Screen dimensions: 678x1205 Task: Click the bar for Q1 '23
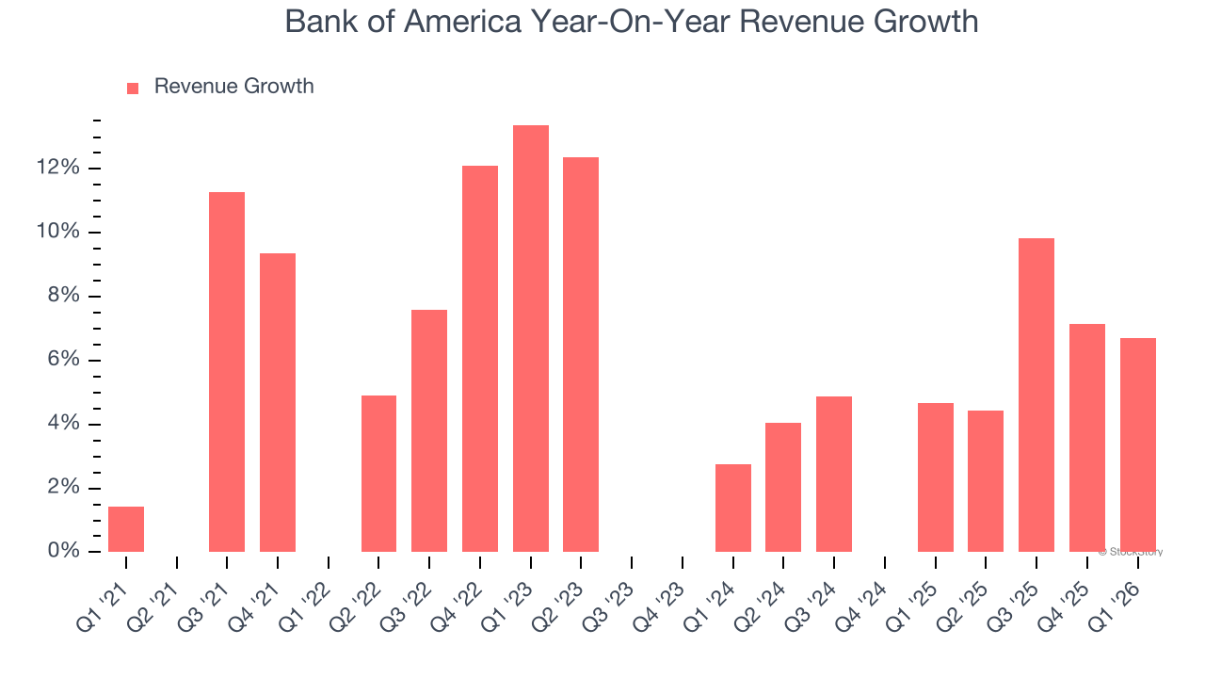coord(531,339)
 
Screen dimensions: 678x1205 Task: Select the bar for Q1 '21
coord(126,529)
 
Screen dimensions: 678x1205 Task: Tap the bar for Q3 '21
coord(227,372)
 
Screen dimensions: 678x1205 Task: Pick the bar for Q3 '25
coord(1036,395)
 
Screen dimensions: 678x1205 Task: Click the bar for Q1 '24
coord(733,508)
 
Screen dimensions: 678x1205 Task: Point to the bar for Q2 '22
coord(379,474)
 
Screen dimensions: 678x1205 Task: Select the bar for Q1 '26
coord(1137,444)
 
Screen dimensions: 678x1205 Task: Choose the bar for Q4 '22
coord(480,359)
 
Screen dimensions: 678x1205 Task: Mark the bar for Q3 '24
coord(834,474)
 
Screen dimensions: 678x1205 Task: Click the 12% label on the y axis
coord(58,168)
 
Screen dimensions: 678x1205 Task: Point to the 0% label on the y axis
coord(64,551)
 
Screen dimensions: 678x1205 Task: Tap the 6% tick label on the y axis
coord(64,360)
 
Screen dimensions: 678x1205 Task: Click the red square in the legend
coord(133,88)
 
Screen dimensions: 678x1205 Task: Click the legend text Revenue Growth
coord(233,87)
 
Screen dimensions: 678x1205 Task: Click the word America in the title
coord(467,21)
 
